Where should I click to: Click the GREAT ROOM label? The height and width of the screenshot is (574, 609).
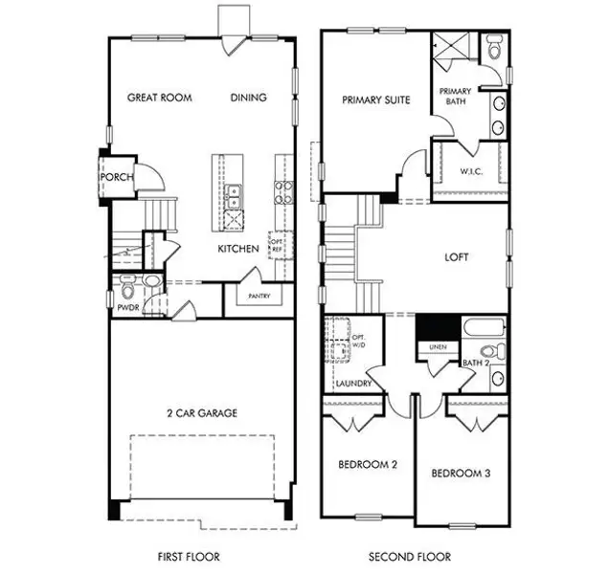pos(160,98)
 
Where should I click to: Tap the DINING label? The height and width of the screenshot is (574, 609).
pos(248,98)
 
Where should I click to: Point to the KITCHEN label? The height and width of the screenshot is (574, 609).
pos(238,249)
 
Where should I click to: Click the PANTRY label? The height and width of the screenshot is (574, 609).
pos(259,297)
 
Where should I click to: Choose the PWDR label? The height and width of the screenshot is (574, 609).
pos(127,309)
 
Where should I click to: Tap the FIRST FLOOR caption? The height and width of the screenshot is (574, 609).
pos(189,556)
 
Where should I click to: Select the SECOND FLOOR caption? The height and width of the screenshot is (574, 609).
pos(411,556)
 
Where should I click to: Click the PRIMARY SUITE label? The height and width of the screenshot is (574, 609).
pos(375,99)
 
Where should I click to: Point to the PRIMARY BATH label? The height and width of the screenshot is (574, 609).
pos(454,97)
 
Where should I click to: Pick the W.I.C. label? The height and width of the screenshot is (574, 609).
pos(470,172)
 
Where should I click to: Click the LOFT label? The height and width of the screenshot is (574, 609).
pos(457,257)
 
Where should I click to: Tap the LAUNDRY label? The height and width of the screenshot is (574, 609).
pos(352,384)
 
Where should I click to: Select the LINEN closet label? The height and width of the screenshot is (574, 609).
pos(437,346)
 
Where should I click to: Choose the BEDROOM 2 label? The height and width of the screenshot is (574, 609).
pos(368,465)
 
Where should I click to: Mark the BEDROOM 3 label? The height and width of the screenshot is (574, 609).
pos(461,474)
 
